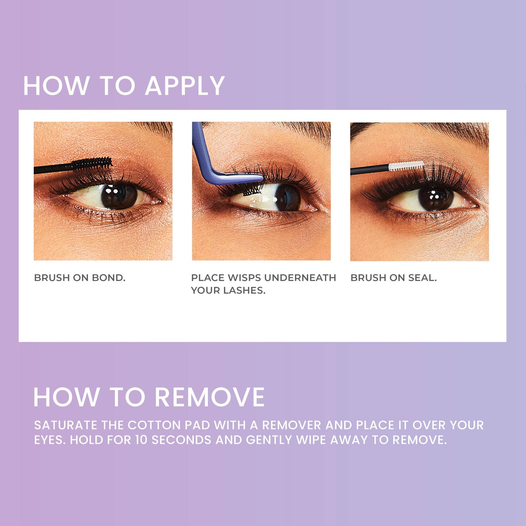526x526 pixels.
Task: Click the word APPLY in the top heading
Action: [185, 86]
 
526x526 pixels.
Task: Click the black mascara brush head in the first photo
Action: [92, 164]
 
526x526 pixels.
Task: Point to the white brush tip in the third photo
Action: [406, 166]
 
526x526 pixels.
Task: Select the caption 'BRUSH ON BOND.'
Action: [80, 278]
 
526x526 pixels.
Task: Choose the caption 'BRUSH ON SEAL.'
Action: [394, 278]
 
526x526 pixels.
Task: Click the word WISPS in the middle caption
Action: [244, 278]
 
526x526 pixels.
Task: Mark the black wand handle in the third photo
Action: [370, 170]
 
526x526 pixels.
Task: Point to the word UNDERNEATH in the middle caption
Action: [300, 278]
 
